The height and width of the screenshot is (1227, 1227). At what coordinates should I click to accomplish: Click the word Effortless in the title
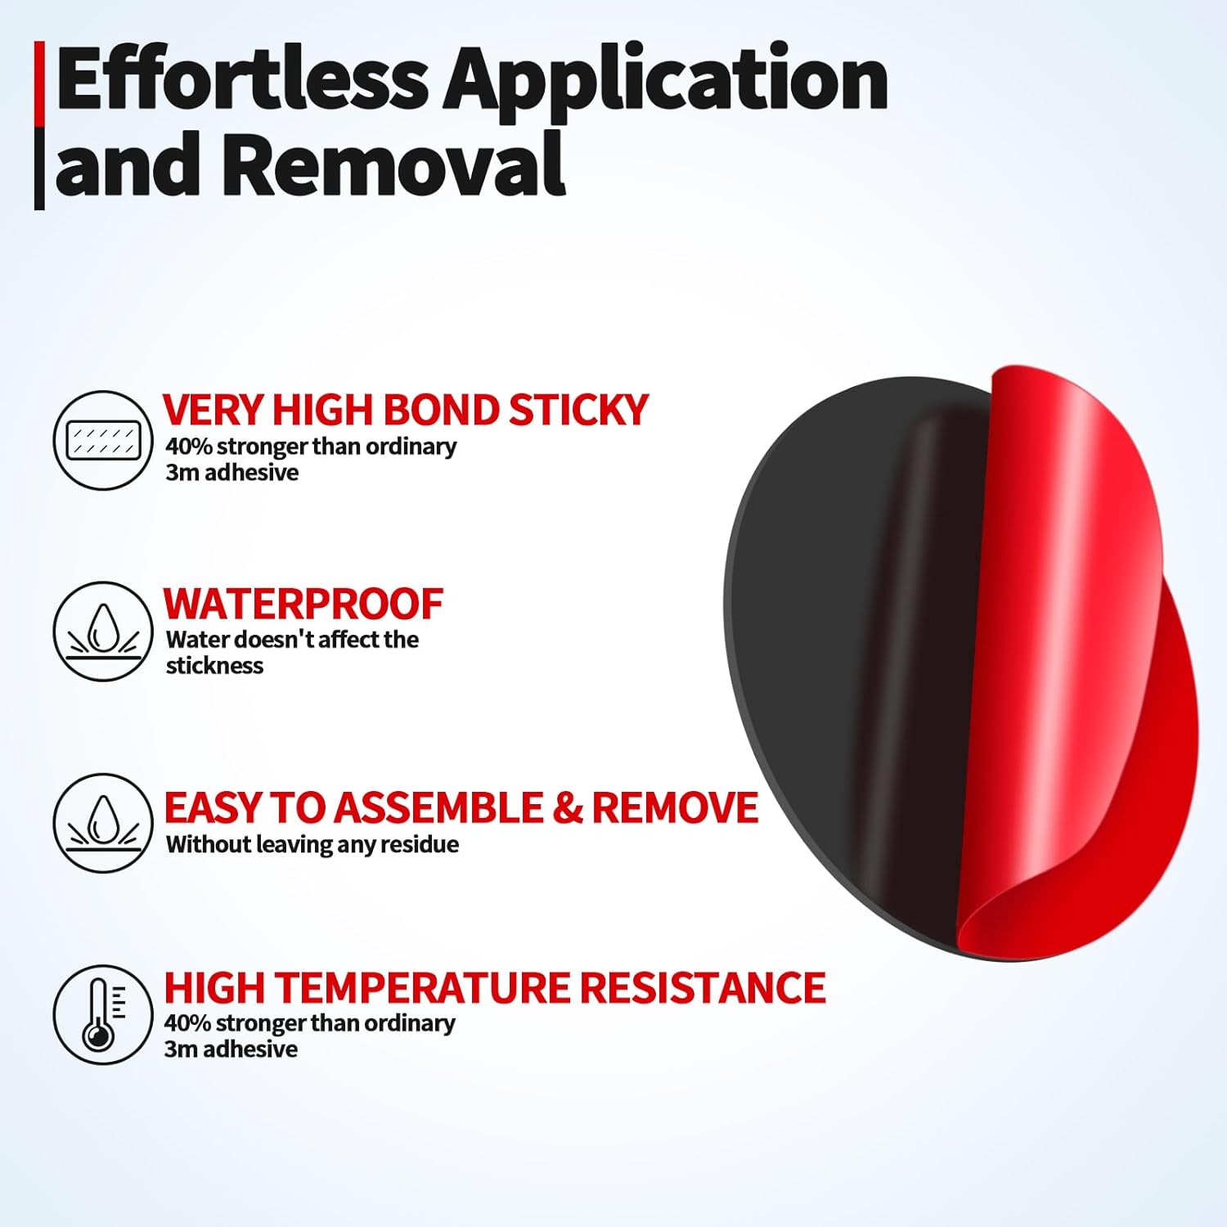point(242,79)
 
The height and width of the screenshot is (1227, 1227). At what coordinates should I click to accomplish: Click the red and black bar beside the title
point(39,126)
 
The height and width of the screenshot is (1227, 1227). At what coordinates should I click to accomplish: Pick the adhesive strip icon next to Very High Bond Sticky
point(103,440)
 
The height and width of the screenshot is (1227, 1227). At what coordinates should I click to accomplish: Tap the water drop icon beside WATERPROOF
point(103,631)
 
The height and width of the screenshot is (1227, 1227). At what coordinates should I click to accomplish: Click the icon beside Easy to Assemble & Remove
point(103,823)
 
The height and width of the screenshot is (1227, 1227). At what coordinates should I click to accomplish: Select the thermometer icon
point(103,1014)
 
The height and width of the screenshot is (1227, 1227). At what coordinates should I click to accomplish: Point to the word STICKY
point(578,410)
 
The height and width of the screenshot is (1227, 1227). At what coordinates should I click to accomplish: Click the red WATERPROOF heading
point(303,605)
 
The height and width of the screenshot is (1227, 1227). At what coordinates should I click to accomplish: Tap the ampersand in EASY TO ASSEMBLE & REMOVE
point(568,808)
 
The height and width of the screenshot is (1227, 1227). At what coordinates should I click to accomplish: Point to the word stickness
point(214,666)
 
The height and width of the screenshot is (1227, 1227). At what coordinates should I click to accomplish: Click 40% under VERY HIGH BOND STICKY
point(189,447)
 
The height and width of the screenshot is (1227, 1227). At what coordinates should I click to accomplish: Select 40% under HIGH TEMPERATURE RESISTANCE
point(188,1023)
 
